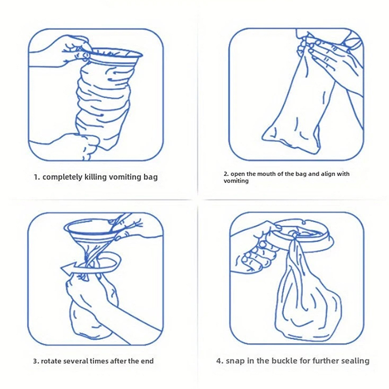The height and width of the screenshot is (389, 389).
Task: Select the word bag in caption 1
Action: pos(150,177)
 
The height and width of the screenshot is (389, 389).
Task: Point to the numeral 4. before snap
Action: pos(220,360)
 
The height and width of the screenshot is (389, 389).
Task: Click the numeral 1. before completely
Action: pos(37,177)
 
